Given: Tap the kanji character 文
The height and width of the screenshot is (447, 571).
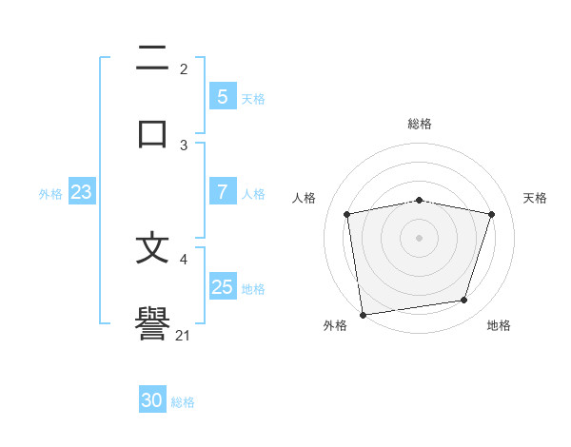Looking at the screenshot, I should pos(152,248).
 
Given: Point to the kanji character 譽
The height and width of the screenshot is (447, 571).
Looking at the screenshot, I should pos(152,323).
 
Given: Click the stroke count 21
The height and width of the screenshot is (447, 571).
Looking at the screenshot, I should pos(184,335).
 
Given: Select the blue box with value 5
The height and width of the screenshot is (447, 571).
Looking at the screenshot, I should pos(222,96).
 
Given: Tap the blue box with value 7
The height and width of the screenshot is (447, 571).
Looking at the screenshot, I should pos(222,191).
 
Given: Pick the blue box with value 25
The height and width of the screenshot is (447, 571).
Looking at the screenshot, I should pos(222,286).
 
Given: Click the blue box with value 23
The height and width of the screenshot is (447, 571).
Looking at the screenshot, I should pos(82,192).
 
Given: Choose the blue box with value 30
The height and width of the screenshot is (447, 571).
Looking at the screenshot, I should pos(152,400).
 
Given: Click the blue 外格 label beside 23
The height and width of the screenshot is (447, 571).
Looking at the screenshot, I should pos(50,194).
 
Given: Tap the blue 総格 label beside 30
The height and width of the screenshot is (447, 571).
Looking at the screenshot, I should pos(184,402).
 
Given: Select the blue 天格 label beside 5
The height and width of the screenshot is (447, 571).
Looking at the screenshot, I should pos(253,98).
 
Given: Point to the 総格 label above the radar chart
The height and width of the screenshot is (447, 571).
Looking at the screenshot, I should pos(419,124).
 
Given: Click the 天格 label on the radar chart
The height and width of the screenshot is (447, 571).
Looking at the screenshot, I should pos(536,198).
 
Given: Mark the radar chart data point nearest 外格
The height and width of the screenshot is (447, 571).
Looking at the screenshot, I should pos(363,314).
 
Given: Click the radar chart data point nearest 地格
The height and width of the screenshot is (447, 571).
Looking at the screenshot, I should pos(464,301).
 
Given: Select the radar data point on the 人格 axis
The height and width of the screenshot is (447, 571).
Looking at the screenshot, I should pos(347,214).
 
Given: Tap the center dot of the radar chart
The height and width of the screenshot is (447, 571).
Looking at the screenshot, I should pos(419,237).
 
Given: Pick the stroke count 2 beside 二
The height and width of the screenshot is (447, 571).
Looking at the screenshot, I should pos(184,69).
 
